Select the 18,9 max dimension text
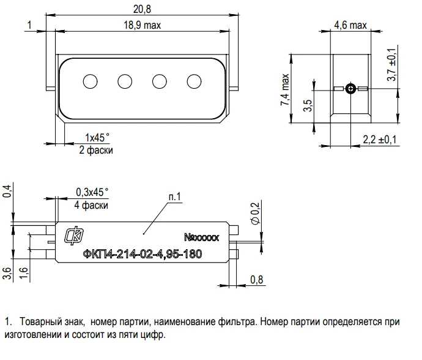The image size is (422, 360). (x=142, y=25)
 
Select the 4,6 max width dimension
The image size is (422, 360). (x=350, y=25)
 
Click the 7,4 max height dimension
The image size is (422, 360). (x=285, y=91)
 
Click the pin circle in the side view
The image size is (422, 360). (x=350, y=89)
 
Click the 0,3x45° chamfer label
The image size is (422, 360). (x=92, y=192)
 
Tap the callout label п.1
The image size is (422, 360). (x=175, y=197)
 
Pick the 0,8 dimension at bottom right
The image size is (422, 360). (x=257, y=280)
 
